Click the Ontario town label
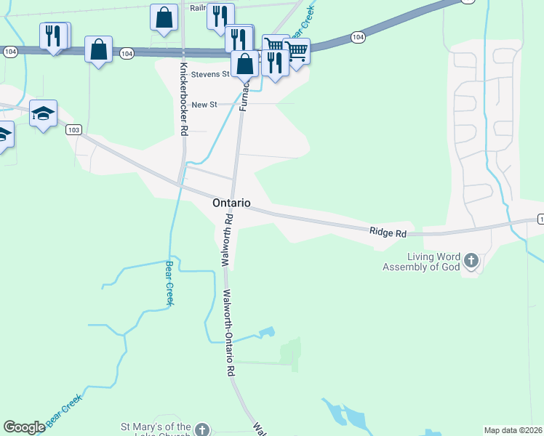tap(231, 203)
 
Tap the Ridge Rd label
tap(388, 233)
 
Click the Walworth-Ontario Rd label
tap(229, 333)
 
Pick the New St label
tap(204, 105)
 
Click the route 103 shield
tap(73, 129)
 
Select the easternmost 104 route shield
tap(357, 36)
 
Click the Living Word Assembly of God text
tap(424, 262)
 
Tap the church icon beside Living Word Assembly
tap(471, 260)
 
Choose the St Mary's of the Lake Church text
tap(156, 429)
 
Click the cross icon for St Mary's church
tap(202, 430)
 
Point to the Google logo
tap(25, 427)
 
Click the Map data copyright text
tap(513, 430)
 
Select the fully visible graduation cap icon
tap(44, 113)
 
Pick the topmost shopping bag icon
tap(164, 16)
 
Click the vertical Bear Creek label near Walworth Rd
tap(169, 283)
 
